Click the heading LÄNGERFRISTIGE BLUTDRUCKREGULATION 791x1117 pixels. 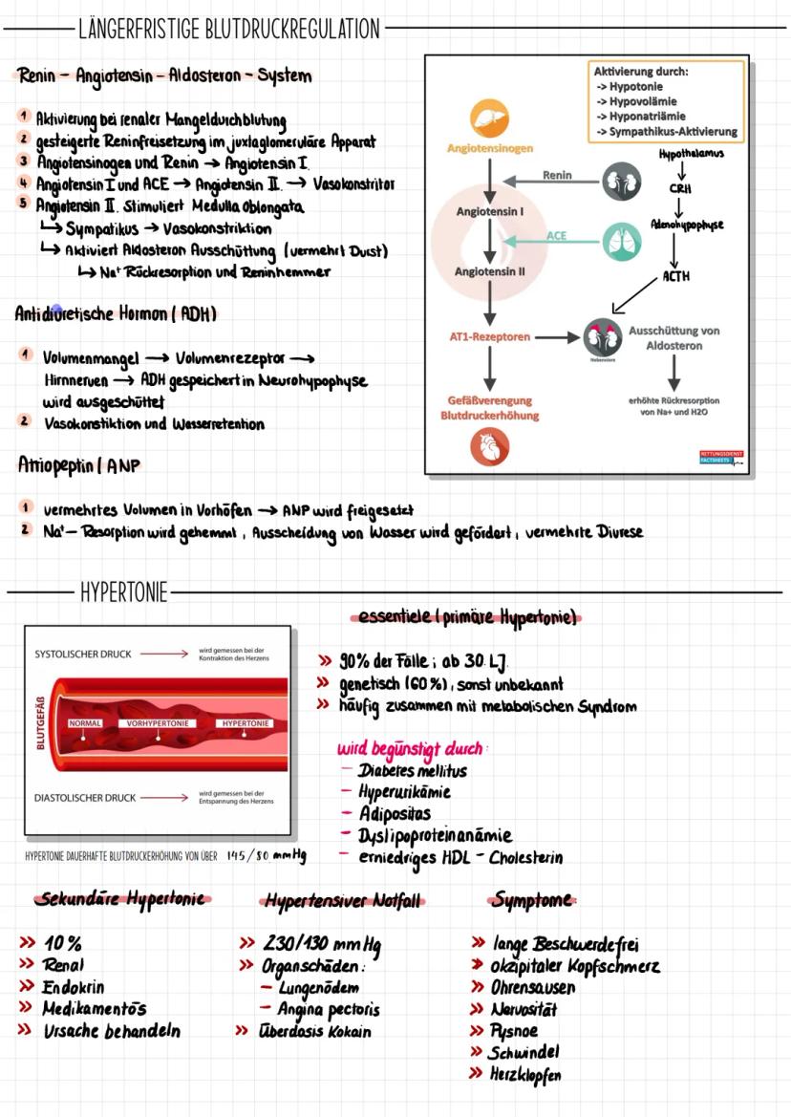click(x=229, y=29)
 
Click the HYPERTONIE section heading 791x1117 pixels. click(x=124, y=593)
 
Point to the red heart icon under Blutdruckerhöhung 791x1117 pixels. click(x=489, y=446)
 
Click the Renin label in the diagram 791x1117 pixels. click(x=557, y=175)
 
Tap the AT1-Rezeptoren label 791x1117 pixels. click(x=490, y=336)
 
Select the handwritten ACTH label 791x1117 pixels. click(x=675, y=277)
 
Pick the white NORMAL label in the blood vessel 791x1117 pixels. click(x=86, y=723)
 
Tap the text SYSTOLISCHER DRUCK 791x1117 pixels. click(x=83, y=655)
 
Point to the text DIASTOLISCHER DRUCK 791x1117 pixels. click(x=85, y=797)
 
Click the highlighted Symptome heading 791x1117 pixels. click(x=533, y=900)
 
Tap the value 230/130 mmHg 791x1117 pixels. click(x=322, y=944)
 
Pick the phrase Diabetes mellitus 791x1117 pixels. click(x=413, y=770)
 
